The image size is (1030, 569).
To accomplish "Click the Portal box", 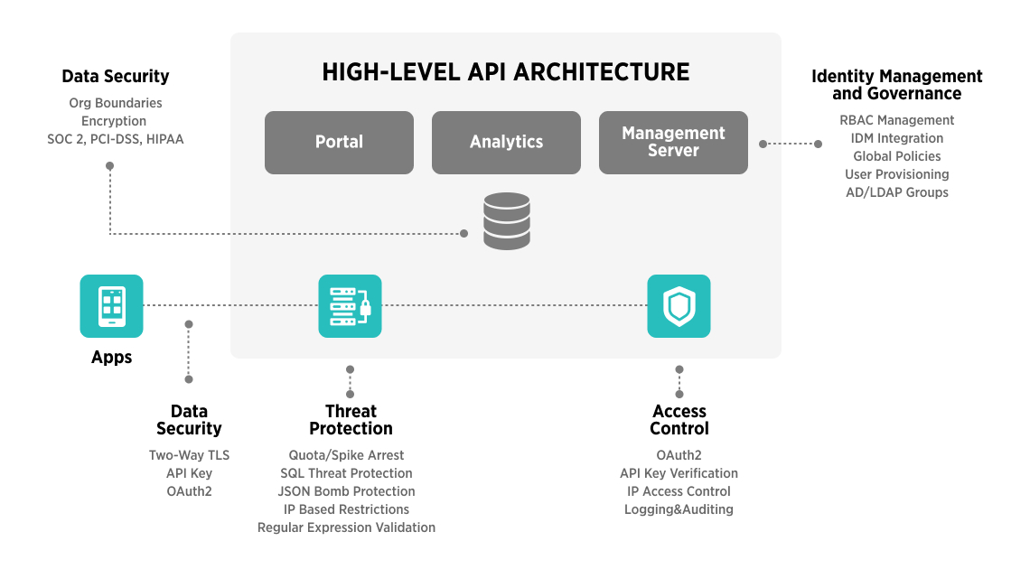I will (x=339, y=142).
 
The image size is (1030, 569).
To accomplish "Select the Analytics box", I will (x=506, y=142).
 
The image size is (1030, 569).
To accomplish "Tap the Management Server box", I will (x=673, y=142).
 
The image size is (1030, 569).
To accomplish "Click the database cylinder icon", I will (x=506, y=220).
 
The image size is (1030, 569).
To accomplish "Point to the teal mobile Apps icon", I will (x=111, y=306).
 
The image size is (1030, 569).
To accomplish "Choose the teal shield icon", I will (x=679, y=306).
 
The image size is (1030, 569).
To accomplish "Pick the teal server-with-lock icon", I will (x=350, y=306).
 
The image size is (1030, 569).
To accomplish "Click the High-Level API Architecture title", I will (x=506, y=72).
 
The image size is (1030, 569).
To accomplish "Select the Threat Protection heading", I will (x=351, y=420).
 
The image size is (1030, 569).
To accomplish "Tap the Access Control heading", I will (x=679, y=420).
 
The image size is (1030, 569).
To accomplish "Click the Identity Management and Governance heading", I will (x=896, y=85).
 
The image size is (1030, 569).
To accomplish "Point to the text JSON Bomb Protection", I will (x=346, y=491).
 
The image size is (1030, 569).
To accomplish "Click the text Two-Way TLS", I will (x=189, y=455).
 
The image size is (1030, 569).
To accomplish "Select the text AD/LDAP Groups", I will (x=896, y=192).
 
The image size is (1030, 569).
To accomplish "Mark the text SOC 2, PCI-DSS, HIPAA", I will (x=116, y=139).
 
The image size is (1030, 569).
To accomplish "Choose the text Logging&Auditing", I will (x=679, y=509).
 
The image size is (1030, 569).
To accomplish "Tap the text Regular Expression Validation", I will (x=346, y=527).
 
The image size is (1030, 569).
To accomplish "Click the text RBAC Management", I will (x=896, y=120).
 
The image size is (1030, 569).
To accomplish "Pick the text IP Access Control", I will (x=679, y=491).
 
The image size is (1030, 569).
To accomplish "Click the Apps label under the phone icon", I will (x=111, y=358).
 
